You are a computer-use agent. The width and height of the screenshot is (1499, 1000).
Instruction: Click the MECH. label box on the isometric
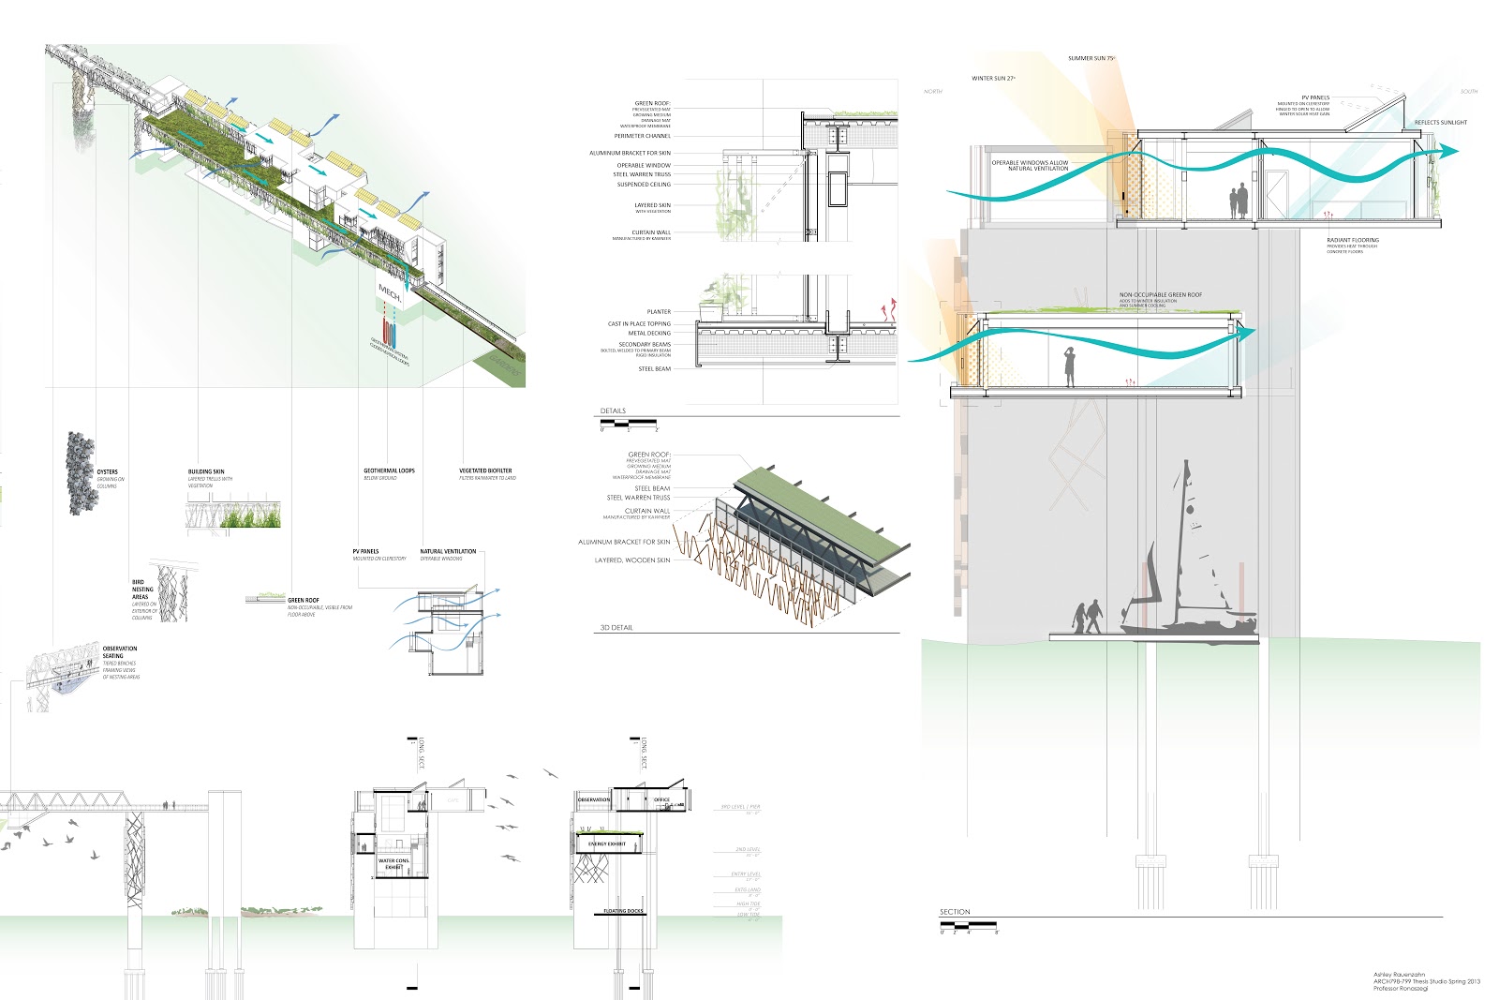click(x=389, y=292)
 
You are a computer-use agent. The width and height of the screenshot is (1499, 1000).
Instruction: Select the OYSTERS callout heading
click(x=108, y=471)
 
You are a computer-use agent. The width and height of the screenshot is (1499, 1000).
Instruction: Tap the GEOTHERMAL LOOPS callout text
click(x=389, y=470)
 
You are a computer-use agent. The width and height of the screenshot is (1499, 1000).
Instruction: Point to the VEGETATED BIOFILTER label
click(x=485, y=470)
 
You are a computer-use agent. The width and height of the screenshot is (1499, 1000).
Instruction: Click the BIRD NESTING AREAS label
click(x=141, y=590)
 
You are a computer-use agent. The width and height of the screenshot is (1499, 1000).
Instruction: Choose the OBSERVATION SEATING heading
click(x=119, y=652)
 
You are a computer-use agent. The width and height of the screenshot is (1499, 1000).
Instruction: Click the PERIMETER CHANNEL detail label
click(x=643, y=136)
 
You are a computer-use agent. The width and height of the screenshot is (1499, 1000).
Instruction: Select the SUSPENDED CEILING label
click(x=644, y=185)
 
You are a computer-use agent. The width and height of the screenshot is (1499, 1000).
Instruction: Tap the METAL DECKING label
click(x=649, y=333)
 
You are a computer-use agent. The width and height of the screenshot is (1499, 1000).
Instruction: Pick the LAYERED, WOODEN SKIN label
click(x=632, y=560)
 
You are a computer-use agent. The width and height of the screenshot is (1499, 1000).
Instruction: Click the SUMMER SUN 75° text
click(x=1091, y=58)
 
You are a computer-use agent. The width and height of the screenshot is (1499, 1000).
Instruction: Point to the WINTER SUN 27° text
click(x=993, y=79)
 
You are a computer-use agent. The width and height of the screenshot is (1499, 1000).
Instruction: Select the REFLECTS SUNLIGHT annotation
click(x=1441, y=123)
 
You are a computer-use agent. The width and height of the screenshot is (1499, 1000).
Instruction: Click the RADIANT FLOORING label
click(x=1353, y=240)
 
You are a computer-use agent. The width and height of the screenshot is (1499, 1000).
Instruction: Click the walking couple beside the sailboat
click(x=1087, y=618)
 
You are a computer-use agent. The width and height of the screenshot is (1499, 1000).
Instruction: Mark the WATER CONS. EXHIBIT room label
click(x=393, y=863)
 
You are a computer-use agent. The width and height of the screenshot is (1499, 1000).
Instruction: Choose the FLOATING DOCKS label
click(x=623, y=911)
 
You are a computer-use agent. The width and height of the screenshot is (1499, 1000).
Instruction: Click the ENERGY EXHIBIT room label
click(x=607, y=843)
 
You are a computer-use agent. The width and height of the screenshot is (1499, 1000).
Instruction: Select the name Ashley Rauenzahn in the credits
click(x=1400, y=975)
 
